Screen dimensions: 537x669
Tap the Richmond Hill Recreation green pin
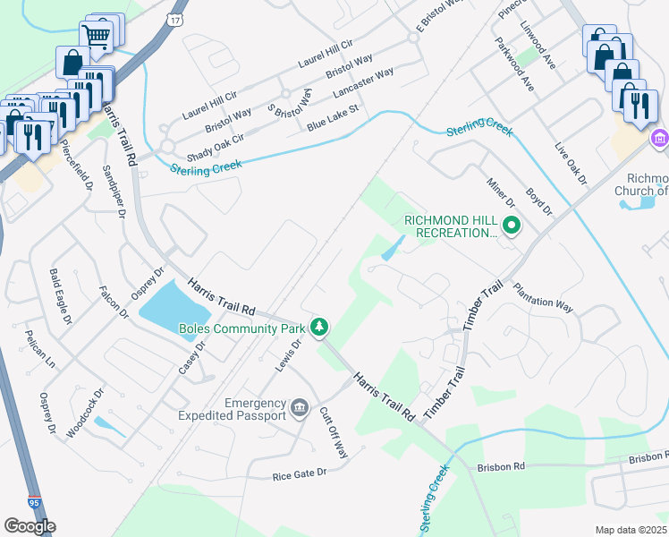[512, 226]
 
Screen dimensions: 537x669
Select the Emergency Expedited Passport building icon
[300, 409]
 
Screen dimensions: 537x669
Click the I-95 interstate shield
[34, 504]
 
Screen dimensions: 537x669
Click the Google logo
[30, 526]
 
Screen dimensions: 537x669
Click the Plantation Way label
[543, 297]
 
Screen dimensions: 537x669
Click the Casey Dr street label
[192, 357]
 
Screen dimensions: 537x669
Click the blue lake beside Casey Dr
[172, 304]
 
